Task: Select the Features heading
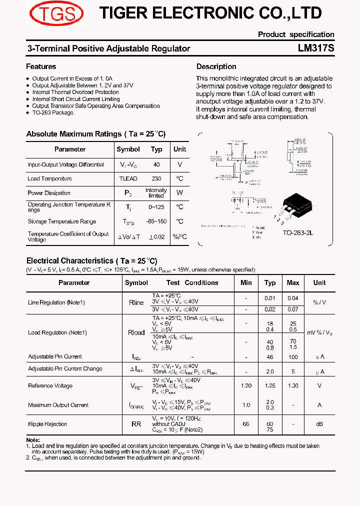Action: point(41,66)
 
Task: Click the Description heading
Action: point(216,66)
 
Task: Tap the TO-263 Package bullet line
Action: point(52,113)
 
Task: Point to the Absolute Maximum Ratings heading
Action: point(95,134)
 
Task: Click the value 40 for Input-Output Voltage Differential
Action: point(156,164)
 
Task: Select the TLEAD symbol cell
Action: point(128,179)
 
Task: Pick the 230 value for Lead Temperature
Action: point(156,179)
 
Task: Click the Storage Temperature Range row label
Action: point(61,221)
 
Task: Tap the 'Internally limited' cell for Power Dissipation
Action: point(156,193)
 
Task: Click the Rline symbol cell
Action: point(136,302)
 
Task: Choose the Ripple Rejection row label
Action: point(47,424)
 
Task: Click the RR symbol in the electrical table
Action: point(136,424)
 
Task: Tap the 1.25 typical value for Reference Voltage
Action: point(270,385)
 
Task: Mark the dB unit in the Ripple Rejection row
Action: point(319,424)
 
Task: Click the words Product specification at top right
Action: point(296,34)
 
